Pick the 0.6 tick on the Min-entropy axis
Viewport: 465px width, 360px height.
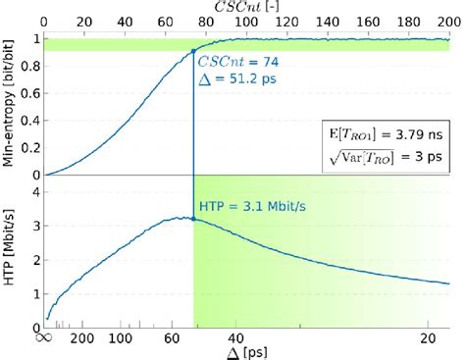point(33,93)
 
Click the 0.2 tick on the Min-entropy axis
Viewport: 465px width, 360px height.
point(33,148)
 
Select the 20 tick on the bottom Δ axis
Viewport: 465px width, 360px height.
point(429,338)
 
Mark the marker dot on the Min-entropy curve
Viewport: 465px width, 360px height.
point(194,50)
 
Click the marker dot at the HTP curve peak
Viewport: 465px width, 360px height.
point(194,219)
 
